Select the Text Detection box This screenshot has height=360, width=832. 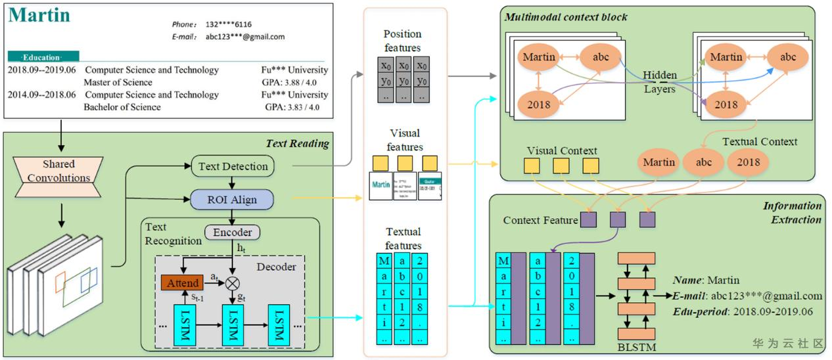(233, 166)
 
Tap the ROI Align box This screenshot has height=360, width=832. (233, 198)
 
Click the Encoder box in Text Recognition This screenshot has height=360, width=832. (232, 232)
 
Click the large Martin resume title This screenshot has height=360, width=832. (39, 16)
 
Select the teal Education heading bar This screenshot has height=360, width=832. (43, 57)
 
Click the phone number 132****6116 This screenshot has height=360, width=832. (228, 24)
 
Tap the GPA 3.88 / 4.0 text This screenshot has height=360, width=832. (290, 82)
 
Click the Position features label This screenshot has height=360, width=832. (402, 40)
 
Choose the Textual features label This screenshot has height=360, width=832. (404, 238)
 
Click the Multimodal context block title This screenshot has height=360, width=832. (566, 17)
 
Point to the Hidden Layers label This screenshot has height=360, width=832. (659, 82)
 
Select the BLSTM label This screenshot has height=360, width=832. (636, 347)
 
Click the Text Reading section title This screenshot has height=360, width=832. (296, 144)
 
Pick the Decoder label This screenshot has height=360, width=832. (276, 266)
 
